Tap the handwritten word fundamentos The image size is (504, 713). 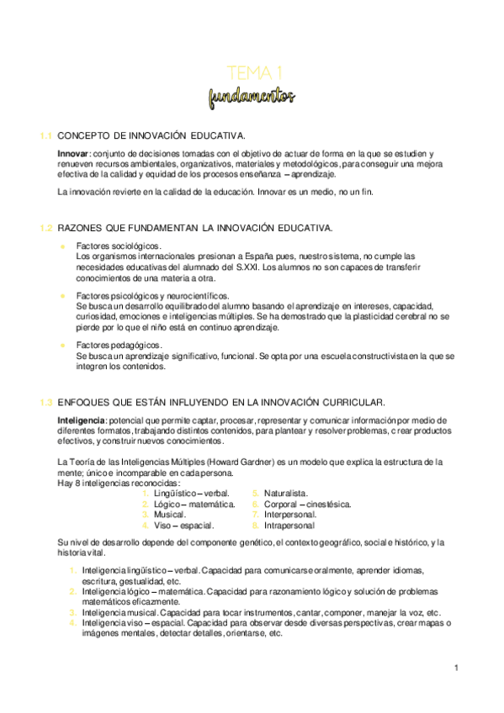tap(253, 98)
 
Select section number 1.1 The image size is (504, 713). tap(46, 136)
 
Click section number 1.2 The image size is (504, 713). tap(46, 228)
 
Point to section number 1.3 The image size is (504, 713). tap(46, 402)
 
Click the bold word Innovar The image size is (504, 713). tap(73, 155)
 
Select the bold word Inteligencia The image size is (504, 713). tap(81, 420)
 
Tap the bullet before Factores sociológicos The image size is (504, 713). tap(62, 246)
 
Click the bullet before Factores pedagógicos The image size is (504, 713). tap(62, 346)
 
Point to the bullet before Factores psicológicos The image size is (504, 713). tap(62, 296)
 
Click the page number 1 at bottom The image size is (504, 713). tap(455, 668)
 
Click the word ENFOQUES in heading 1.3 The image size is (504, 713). tap(87, 402)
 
